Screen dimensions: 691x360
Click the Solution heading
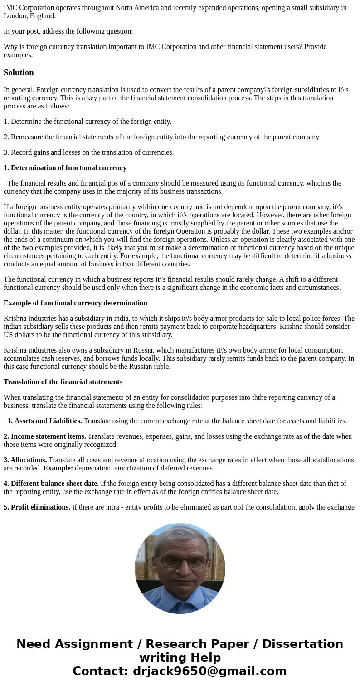pyautogui.click(x=19, y=73)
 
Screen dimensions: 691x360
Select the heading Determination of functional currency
pyautogui.click(x=68, y=168)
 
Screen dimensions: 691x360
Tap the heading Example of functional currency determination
pyautogui.click(x=75, y=303)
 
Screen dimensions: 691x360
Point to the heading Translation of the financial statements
pyautogui.click(x=63, y=382)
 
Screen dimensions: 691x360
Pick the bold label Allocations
pyautogui.click(x=29, y=460)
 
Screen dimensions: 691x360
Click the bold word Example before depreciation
pyautogui.click(x=58, y=468)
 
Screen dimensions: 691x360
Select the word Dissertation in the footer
pyautogui.click(x=302, y=644)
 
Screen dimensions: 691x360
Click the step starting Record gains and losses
pyautogui.click(x=89, y=152)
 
